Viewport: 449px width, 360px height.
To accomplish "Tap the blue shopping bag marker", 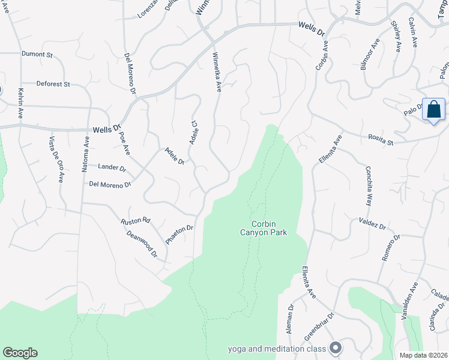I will (x=433, y=110).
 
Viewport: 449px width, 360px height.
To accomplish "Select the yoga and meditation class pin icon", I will (x=336, y=348).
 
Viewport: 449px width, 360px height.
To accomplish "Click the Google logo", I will (x=20, y=353).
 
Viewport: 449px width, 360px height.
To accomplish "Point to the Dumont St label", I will (x=37, y=54).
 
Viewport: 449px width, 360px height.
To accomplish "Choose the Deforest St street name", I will (x=53, y=84).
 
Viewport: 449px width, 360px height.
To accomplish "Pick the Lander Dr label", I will (x=112, y=168).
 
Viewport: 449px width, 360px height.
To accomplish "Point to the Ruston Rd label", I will (x=135, y=221).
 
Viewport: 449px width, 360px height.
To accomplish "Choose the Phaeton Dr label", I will (x=179, y=236).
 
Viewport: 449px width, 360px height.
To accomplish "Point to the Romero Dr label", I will (x=390, y=248).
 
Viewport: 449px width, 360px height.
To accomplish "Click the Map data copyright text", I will (x=423, y=355).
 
